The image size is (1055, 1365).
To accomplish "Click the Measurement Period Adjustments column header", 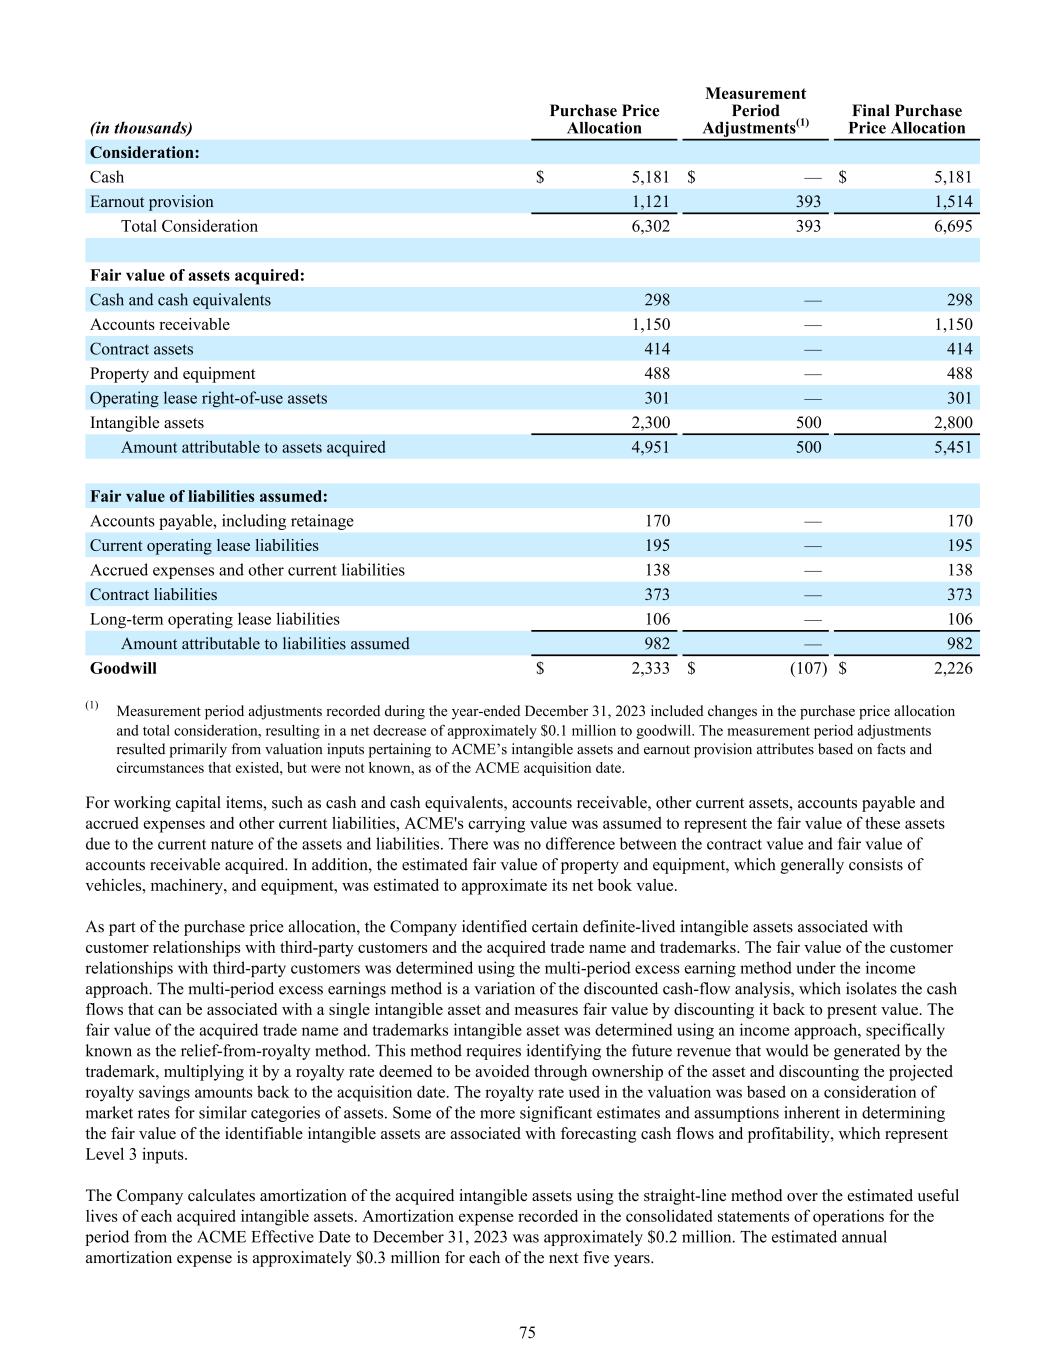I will (755, 111).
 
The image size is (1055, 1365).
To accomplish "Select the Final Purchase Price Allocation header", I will (906, 119).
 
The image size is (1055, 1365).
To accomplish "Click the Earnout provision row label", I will (151, 202).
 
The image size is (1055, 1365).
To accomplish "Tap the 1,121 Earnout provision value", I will (650, 202).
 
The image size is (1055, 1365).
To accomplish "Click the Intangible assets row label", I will (146, 423).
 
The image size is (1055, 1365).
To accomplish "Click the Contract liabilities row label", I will (153, 595).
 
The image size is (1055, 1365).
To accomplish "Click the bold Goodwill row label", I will (123, 669).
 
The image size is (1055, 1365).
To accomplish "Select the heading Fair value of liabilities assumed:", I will (209, 497).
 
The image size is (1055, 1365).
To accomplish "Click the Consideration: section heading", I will (144, 153).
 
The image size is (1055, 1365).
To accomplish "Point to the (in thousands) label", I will (141, 128).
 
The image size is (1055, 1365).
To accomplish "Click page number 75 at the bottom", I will (527, 1332).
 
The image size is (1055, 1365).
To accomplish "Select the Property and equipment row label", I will (172, 374).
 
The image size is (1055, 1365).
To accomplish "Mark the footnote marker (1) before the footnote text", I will (92, 706).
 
